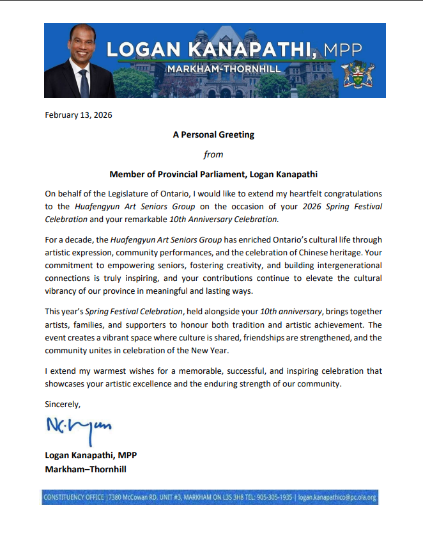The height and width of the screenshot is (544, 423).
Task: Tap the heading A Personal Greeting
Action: [x=213, y=135]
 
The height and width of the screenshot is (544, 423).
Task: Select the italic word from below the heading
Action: [x=213, y=154]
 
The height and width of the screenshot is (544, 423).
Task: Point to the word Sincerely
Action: [x=62, y=404]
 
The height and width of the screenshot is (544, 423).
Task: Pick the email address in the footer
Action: [x=337, y=497]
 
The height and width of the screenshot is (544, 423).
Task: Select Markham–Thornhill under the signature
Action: [x=86, y=469]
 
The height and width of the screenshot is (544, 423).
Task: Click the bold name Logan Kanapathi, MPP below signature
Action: [x=91, y=455]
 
